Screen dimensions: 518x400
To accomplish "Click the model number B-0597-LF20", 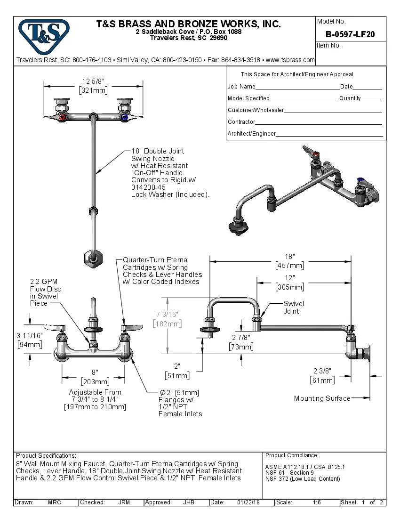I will coord(350,34).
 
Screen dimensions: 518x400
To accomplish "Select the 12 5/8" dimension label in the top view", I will coord(93,86).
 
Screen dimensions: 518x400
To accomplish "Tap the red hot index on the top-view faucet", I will coord(62,117).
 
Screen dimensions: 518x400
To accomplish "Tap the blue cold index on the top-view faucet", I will coord(124,117).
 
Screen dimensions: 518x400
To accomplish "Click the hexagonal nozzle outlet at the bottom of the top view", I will coord(93,258).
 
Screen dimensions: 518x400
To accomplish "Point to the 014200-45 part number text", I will coord(148,187).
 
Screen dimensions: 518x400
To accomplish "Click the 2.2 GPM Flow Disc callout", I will coord(45,292).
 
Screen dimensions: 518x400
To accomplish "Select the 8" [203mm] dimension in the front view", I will coord(95,377).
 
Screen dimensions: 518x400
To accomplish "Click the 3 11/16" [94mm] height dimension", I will coord(30,340).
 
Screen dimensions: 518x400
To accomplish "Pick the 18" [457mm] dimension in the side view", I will coord(289,261).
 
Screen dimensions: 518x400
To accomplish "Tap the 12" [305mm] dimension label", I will coord(289,283).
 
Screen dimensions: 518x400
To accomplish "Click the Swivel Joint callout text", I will coord(293,308).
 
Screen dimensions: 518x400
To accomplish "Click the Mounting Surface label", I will coord(322,398).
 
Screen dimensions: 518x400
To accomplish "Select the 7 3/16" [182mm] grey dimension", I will coord(167,319).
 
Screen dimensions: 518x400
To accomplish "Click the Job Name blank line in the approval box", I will coord(297,87).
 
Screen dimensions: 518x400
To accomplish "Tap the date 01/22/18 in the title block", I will coord(248,502).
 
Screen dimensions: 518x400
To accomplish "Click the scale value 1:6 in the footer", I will coord(317,502).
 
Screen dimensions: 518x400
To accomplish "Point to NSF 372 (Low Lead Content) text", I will coord(303,479).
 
